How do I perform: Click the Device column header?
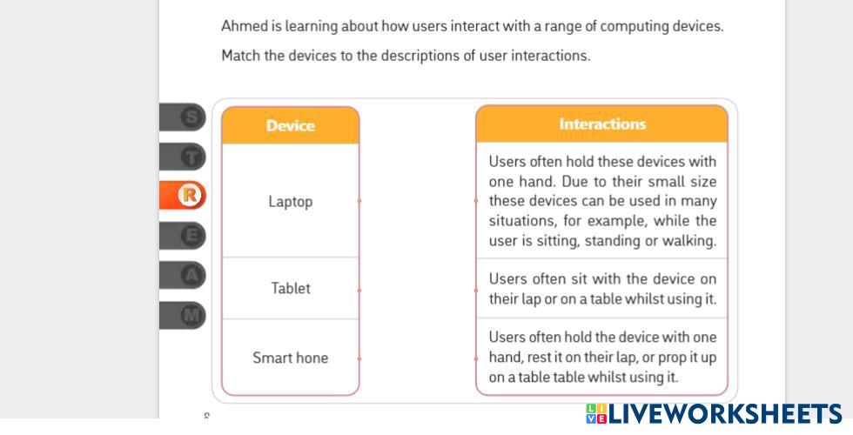coord(290,125)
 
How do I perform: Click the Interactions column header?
coord(601,124)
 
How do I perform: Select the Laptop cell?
coord(290,201)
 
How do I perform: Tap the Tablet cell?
coord(290,288)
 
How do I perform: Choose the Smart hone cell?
coord(290,358)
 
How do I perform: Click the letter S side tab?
coord(191,117)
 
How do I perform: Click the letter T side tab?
coord(191,157)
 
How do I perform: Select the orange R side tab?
coord(190,196)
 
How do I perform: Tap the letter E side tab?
coord(191,235)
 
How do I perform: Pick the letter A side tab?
coord(191,275)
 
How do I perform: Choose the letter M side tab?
coord(191,314)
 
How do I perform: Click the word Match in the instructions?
coord(240,56)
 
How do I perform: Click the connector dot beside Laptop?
coord(359,201)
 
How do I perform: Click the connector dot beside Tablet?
coord(359,288)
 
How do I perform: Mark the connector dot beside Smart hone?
coord(359,358)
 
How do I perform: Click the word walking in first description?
coord(691,241)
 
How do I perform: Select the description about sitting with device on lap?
coord(601,289)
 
